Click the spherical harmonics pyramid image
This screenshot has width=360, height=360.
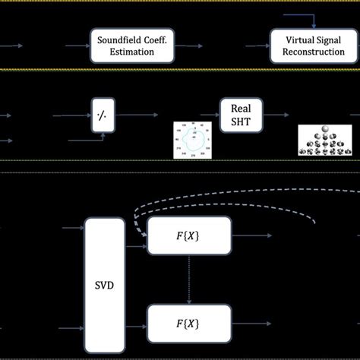point(326,140)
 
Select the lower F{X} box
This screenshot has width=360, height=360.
point(188,324)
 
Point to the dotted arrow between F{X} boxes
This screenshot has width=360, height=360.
point(188,279)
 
